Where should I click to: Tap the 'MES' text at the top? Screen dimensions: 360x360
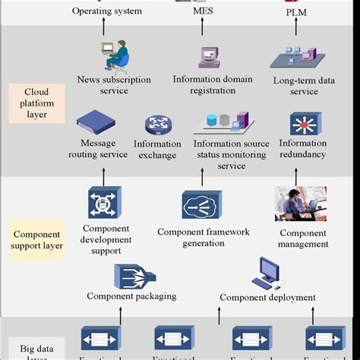coord(202,11)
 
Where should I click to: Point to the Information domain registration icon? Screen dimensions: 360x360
coord(208,57)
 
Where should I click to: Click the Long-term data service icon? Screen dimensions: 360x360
coord(295,58)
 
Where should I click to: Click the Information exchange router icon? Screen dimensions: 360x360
coord(159,125)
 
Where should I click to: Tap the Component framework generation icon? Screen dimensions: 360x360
coord(202,205)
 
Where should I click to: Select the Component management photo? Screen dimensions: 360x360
coord(301,204)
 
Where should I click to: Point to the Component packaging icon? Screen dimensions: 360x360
coord(131,275)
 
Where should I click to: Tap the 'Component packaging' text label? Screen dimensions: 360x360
coord(131,297)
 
